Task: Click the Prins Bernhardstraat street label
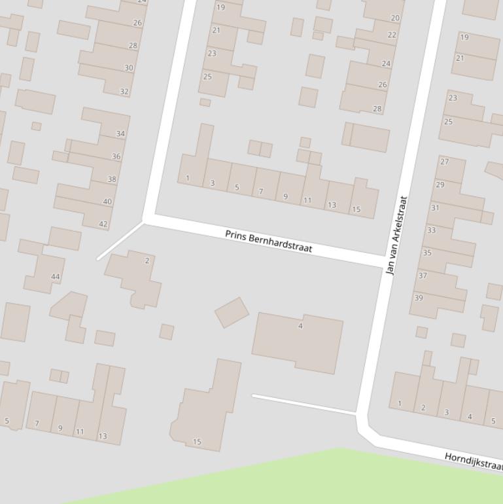point(268,242)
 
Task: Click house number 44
point(56,277)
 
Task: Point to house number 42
point(103,225)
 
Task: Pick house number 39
point(419,298)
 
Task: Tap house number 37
point(423,276)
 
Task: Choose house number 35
point(427,253)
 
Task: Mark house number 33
point(431,230)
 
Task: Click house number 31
point(435,208)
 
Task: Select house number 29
point(440,185)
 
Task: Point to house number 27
point(445,162)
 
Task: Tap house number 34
point(120,134)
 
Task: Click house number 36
point(116,156)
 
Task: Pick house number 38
point(112,179)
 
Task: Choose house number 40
point(107,202)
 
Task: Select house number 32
point(124,92)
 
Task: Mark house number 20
point(395,18)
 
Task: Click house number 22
point(392,35)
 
